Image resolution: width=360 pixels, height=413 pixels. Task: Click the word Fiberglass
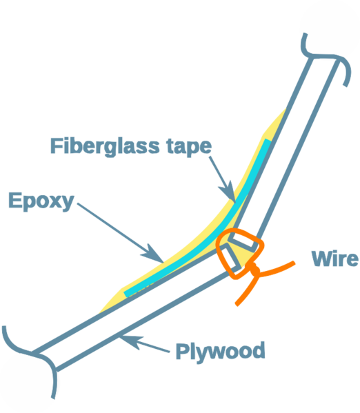point(105,147)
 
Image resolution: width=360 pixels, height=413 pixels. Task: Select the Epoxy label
point(41,201)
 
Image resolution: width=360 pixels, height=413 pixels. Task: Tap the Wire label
point(334,258)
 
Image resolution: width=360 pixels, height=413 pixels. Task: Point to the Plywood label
point(220,352)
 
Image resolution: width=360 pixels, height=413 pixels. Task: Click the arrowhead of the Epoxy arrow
point(154,254)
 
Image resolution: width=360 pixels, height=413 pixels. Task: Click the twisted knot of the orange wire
point(254,270)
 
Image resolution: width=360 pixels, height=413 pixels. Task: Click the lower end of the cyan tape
point(126,294)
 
